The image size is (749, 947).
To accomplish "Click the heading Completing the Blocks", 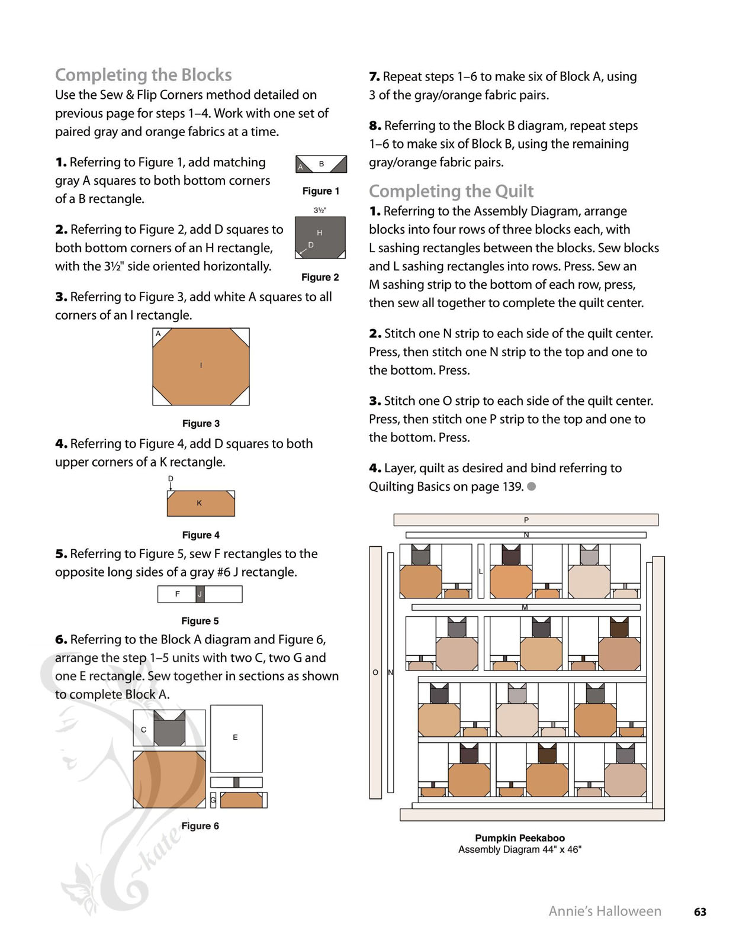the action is point(143,75).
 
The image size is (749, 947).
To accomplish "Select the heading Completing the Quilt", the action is point(451,191).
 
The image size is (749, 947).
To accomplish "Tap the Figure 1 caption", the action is point(320,191).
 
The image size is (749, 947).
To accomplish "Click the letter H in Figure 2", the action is point(319,233).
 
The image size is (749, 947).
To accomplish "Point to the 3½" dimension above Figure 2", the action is point(320,210).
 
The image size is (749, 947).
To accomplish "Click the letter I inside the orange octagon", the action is point(201,365).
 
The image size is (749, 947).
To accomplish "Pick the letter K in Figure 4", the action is point(199,503).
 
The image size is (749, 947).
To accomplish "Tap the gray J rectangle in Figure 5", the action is point(200,594).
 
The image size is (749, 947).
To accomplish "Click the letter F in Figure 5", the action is point(178,594).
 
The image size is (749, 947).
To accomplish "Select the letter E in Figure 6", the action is point(235,737).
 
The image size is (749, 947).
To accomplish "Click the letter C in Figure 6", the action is point(143,730).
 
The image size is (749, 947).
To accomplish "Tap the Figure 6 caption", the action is point(200,826).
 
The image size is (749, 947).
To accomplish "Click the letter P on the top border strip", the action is point(526,520).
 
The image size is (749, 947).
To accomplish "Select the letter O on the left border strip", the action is point(375,672).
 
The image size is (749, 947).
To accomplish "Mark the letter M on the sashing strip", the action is point(525,607).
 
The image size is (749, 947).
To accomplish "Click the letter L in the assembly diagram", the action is point(480,572).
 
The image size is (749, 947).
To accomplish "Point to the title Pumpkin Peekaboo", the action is point(520,838).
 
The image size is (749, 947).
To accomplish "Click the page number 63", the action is point(700,912).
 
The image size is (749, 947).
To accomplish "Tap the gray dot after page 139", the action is point(532,487).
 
